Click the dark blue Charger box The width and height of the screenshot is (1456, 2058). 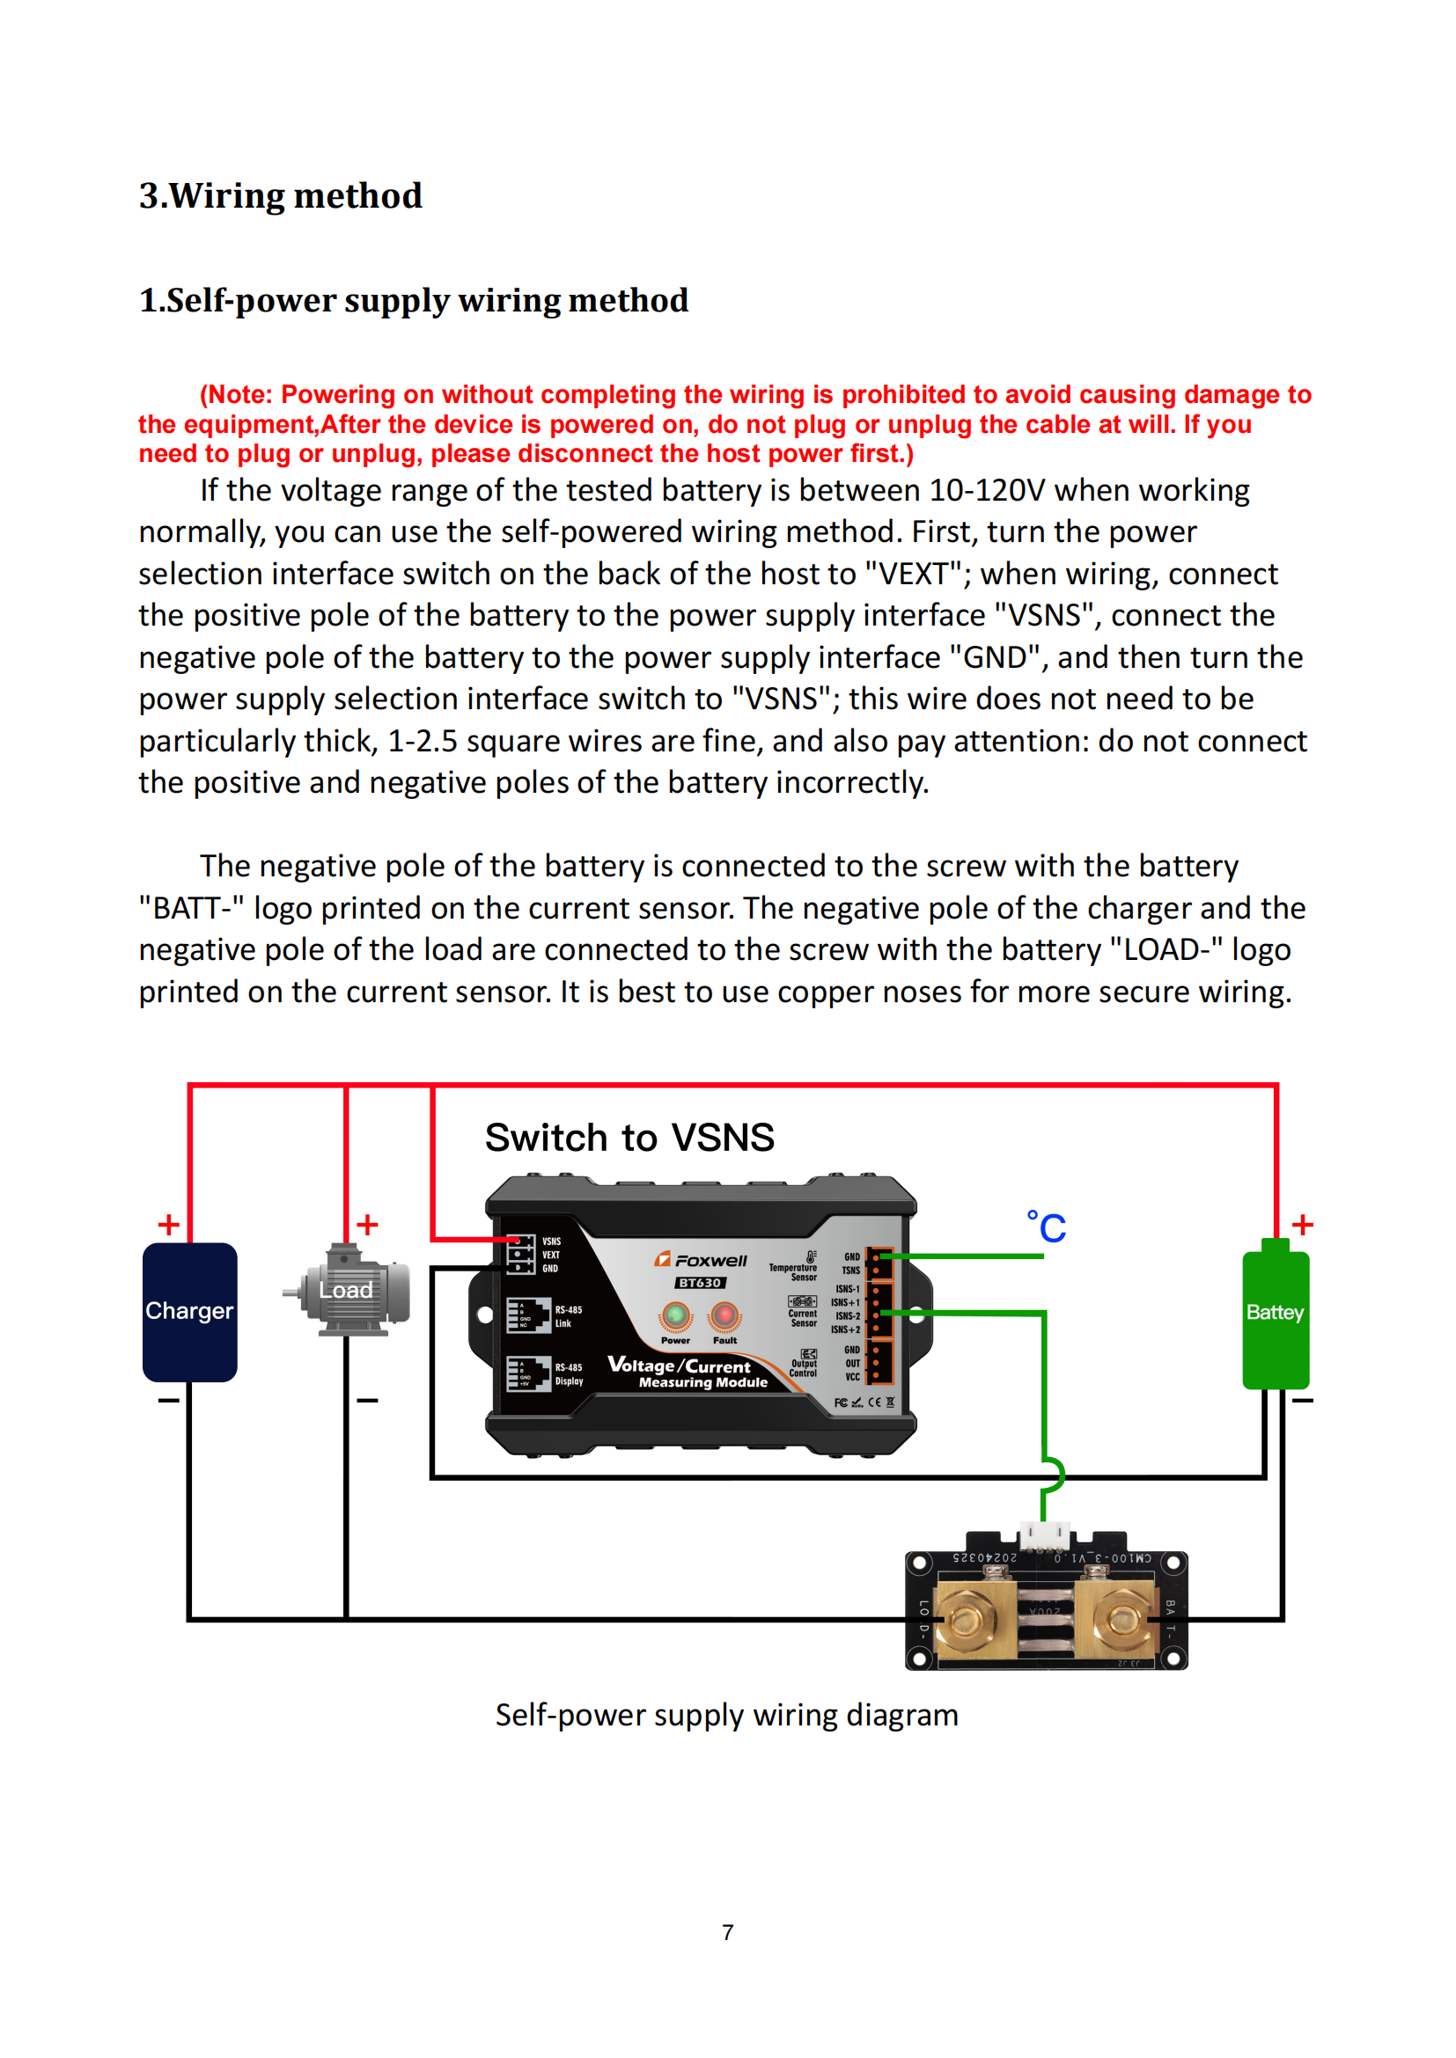[189, 1310]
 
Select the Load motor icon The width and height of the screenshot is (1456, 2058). [347, 1290]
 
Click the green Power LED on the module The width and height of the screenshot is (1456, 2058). [675, 1315]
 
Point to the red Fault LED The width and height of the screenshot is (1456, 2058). [724, 1315]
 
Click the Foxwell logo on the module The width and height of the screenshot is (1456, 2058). [701, 1259]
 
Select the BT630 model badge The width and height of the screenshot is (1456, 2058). [699, 1283]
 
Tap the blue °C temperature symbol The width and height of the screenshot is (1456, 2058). [1047, 1227]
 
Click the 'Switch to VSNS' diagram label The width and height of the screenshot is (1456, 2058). [629, 1138]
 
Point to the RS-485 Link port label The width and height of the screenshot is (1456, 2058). [568, 1315]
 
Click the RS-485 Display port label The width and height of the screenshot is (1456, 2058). [569, 1374]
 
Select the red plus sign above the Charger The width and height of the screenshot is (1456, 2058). [168, 1225]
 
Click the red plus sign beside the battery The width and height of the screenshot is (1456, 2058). [1302, 1225]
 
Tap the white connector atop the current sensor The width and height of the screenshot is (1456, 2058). [1046, 1534]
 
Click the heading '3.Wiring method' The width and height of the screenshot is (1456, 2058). [280, 195]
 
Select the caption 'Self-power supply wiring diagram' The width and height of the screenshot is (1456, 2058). [726, 1715]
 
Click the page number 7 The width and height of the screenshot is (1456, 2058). [727, 1932]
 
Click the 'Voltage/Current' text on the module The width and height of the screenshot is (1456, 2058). [680, 1366]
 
